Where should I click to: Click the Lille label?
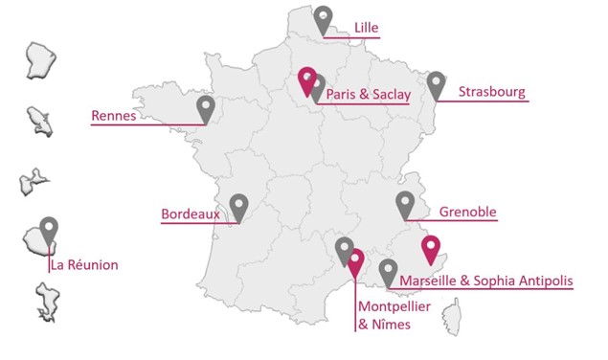tap(367, 27)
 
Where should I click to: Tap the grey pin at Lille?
tap(325, 18)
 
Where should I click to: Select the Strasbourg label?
tap(491, 92)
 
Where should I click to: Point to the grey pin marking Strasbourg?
tap(438, 83)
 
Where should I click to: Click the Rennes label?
tap(114, 116)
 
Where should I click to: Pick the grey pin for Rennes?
tap(206, 107)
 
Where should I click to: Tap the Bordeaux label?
tap(191, 214)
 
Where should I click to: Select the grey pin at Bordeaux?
tap(238, 205)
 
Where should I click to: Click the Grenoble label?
tap(467, 212)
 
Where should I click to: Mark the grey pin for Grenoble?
tap(405, 202)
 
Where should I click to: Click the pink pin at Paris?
tap(307, 79)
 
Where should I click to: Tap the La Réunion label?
tap(85, 264)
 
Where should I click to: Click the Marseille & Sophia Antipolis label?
tap(486, 281)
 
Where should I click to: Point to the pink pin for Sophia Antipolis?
tap(431, 247)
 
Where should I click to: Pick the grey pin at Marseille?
tap(388, 271)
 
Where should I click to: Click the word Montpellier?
tap(393, 306)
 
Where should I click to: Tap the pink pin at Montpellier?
tap(356, 260)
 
